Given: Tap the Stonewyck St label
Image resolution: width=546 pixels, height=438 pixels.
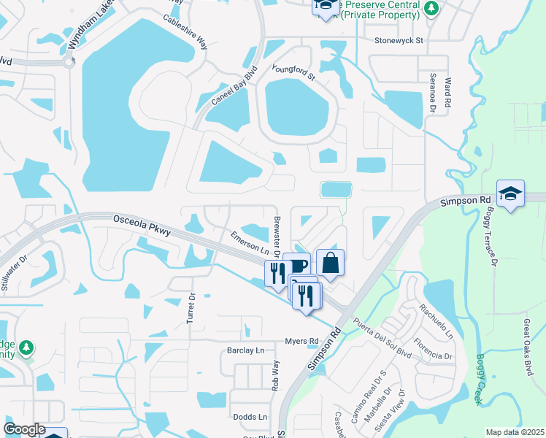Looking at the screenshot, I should click(x=399, y=42).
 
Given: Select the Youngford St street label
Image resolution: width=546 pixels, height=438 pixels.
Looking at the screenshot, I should click(x=293, y=72).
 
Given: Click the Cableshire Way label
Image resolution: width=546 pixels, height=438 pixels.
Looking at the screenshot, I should click(x=185, y=32).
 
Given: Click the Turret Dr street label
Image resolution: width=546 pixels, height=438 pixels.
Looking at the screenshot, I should click(x=192, y=309).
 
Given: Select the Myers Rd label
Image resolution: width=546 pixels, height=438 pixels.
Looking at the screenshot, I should click(x=301, y=341).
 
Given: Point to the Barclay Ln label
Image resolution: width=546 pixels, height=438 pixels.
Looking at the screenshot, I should click(x=244, y=350).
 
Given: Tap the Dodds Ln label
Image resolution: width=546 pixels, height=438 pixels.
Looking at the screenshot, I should click(x=250, y=417).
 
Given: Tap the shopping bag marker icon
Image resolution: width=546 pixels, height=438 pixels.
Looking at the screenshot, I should click(x=330, y=262).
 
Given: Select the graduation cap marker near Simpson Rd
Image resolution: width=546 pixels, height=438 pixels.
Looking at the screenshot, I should click(x=510, y=193).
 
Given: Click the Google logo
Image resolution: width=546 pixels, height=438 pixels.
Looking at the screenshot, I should click(x=24, y=429).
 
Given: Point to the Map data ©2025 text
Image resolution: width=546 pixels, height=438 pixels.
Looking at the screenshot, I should click(x=514, y=432).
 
